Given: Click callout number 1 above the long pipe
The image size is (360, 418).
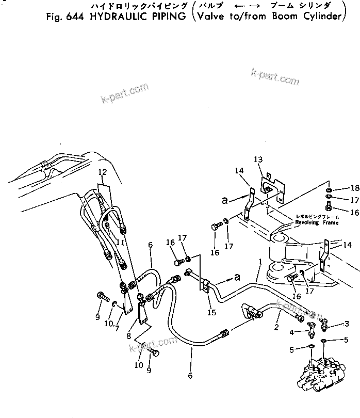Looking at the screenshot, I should (261, 262).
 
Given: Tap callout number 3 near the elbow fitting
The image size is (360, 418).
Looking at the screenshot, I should (347, 323).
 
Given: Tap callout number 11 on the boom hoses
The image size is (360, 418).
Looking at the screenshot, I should (119, 240).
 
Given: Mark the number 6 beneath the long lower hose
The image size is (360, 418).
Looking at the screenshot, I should (190, 376).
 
